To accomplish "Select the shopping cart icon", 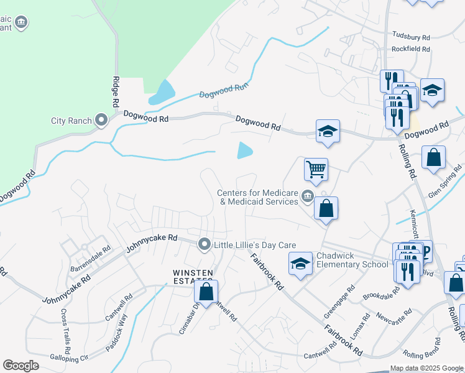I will coord(316,168).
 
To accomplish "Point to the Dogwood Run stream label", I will coord(223,93).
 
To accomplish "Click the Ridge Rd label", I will coord(116,94).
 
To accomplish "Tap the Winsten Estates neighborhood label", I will coord(193,277).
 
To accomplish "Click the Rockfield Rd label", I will coord(411,48).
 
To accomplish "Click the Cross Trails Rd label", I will coord(65,328).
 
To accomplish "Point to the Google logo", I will coord(21,366).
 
